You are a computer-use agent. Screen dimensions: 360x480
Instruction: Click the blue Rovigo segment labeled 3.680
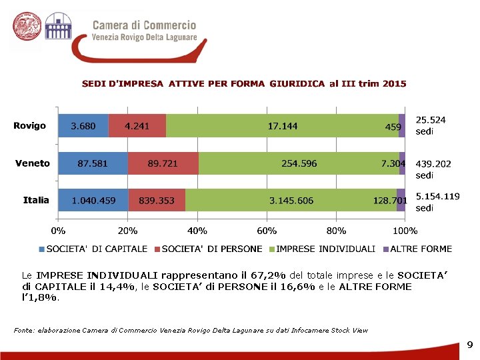[x=83, y=126]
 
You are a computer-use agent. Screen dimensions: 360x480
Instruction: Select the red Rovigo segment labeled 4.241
[x=137, y=126]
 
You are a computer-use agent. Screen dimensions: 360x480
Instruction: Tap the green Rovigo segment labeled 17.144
[x=282, y=126]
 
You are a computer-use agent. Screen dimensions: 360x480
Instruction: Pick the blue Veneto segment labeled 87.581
[x=93, y=163]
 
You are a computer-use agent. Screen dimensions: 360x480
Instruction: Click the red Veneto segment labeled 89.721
[x=163, y=163]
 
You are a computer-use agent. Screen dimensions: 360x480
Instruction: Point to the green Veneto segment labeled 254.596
[x=299, y=163]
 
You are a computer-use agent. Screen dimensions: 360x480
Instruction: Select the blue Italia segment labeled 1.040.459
[x=93, y=200]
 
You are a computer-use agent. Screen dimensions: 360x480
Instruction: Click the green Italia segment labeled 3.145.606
[x=291, y=200]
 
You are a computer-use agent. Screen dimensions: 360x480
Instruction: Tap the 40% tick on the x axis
[x=197, y=231]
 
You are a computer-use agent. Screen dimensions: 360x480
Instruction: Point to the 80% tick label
[x=336, y=231]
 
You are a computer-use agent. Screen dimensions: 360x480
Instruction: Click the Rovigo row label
[x=30, y=126]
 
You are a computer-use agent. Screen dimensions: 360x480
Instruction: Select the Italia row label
[x=36, y=200]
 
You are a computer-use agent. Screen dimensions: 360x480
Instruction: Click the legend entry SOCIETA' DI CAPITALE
[x=93, y=249]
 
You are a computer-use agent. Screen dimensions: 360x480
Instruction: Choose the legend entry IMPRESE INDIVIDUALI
[x=325, y=249]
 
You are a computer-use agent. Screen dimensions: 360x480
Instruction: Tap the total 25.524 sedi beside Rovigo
[x=431, y=125]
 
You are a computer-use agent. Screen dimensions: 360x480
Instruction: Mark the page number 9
[x=469, y=345]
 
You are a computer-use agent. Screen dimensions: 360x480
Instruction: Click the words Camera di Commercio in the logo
[x=144, y=25]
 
